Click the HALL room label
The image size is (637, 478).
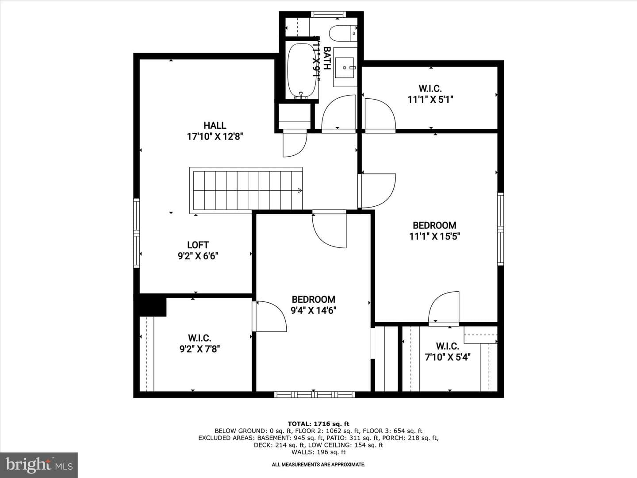(x=215, y=125)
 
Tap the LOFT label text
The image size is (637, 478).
(x=198, y=245)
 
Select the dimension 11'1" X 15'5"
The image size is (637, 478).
(x=434, y=236)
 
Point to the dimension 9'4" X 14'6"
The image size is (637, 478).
(x=314, y=311)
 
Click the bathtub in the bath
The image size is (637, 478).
(x=302, y=71)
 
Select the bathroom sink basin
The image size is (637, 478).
(x=345, y=68)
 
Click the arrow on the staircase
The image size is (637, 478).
(x=299, y=191)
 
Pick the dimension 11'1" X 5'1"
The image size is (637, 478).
(x=430, y=100)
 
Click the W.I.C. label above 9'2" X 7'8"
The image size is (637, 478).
(x=200, y=338)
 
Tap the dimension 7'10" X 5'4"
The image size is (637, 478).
(x=448, y=357)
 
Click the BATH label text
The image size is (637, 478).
(x=327, y=58)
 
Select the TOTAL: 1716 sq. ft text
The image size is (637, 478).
(x=318, y=424)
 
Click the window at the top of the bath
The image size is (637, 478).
(x=329, y=14)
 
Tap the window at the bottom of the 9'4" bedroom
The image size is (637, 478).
(x=315, y=394)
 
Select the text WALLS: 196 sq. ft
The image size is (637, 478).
(x=318, y=452)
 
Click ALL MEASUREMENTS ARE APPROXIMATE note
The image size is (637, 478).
(x=318, y=465)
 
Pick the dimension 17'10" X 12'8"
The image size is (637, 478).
(x=215, y=136)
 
